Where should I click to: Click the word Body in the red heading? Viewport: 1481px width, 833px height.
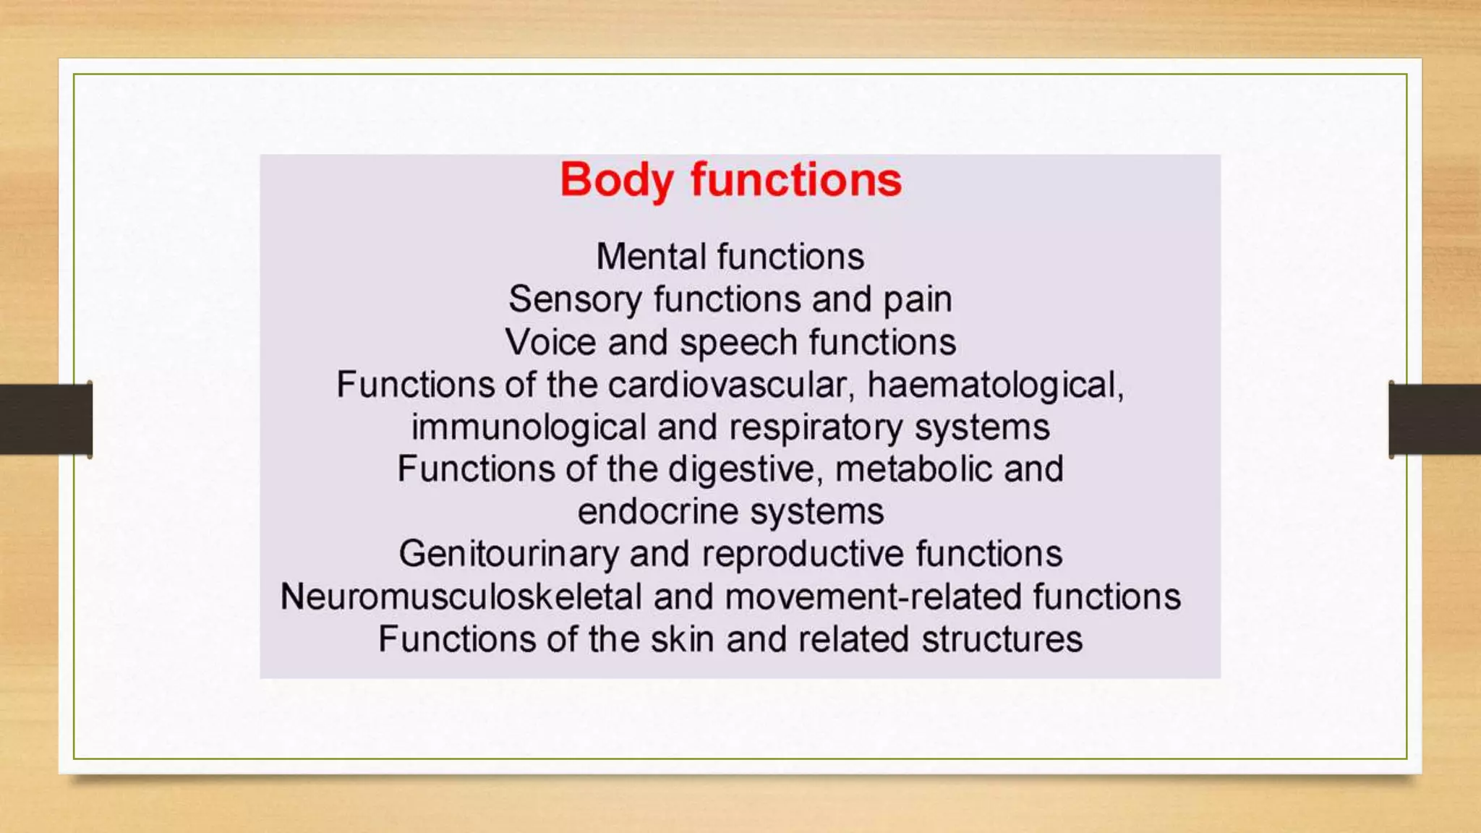[616, 180]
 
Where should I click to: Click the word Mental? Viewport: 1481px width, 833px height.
[651, 257]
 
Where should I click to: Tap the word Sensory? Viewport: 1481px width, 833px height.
[575, 299]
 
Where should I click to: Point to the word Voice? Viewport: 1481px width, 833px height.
[550, 342]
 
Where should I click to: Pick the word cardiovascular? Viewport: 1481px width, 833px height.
[727, 385]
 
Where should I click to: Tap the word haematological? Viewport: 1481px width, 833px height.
[995, 385]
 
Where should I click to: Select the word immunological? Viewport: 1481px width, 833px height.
[529, 427]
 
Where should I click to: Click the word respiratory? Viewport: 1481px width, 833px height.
[816, 427]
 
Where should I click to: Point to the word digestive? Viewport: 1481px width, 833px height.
[745, 469]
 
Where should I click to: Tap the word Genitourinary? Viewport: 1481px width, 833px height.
[508, 555]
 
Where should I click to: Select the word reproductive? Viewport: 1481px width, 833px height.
[803, 555]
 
